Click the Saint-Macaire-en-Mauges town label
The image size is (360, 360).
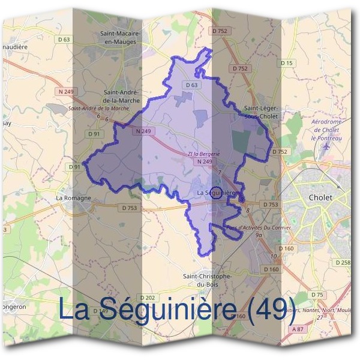[x=120, y=38]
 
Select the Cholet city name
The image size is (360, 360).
[x=319, y=197]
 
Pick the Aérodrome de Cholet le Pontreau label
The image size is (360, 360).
[x=326, y=129]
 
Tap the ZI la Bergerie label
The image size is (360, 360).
[x=204, y=154]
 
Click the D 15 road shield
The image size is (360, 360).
[x=287, y=63]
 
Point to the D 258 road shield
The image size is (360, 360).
[x=343, y=263]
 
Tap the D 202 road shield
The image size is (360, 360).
[x=147, y=298]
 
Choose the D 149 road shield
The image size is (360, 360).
[x=100, y=310]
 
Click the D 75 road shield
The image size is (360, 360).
[x=317, y=295]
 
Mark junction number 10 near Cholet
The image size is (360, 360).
[x=273, y=256]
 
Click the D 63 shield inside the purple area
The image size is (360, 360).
[x=191, y=85]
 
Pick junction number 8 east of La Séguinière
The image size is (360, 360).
[x=247, y=211]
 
